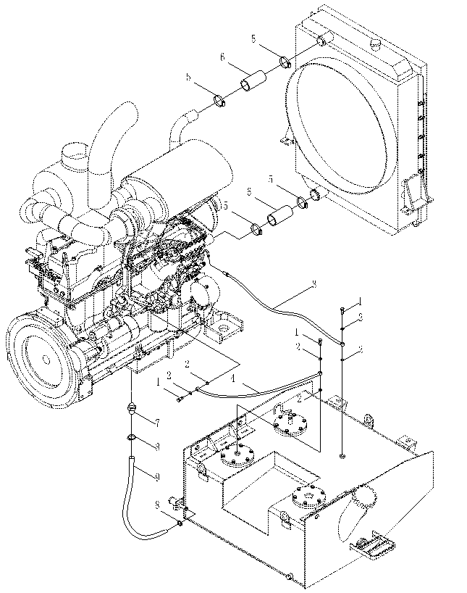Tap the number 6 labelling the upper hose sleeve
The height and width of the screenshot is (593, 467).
pos(222,57)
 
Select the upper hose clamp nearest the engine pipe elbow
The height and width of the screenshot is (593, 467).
pos(223,99)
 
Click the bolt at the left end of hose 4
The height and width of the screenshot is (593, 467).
pos(178,397)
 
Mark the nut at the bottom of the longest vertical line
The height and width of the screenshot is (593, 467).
pos(342,457)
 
